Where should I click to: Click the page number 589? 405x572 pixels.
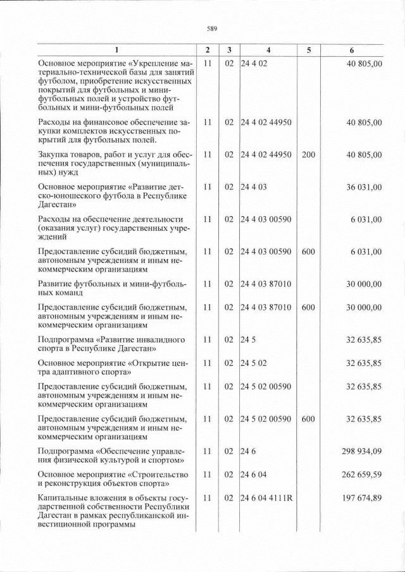pyautogui.click(x=212, y=28)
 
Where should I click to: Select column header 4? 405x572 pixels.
pyautogui.click(x=268, y=50)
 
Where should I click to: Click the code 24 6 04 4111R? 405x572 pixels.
pyautogui.click(x=266, y=498)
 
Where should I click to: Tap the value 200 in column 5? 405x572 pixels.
pyautogui.click(x=309, y=154)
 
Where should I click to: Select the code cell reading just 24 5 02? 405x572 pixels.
pyautogui.click(x=254, y=363)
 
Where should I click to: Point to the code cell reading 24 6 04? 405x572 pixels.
pyautogui.click(x=254, y=474)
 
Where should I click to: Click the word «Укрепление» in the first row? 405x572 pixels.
pyautogui.click(x=156, y=64)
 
